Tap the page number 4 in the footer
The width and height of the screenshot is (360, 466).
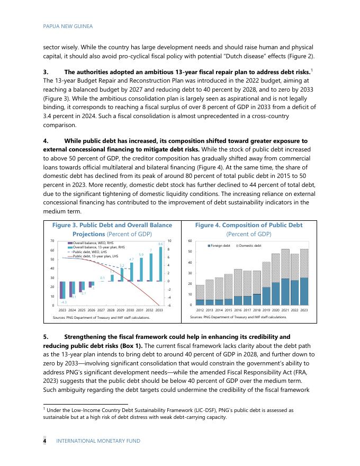(x=45, y=441)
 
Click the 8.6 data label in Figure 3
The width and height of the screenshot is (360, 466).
(x=160, y=244)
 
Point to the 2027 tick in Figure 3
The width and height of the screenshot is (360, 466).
(x=101, y=309)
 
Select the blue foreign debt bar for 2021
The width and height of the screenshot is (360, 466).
(x=285, y=292)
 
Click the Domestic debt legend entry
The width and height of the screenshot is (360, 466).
(x=249, y=246)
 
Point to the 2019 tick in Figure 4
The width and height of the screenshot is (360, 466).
(x=266, y=309)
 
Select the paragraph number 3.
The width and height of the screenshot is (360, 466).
(x=45, y=71)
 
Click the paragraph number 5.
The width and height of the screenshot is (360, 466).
(x=45, y=337)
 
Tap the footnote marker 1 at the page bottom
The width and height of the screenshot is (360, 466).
(x=44, y=409)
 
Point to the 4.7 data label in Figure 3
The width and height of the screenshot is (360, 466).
(x=131, y=259)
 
